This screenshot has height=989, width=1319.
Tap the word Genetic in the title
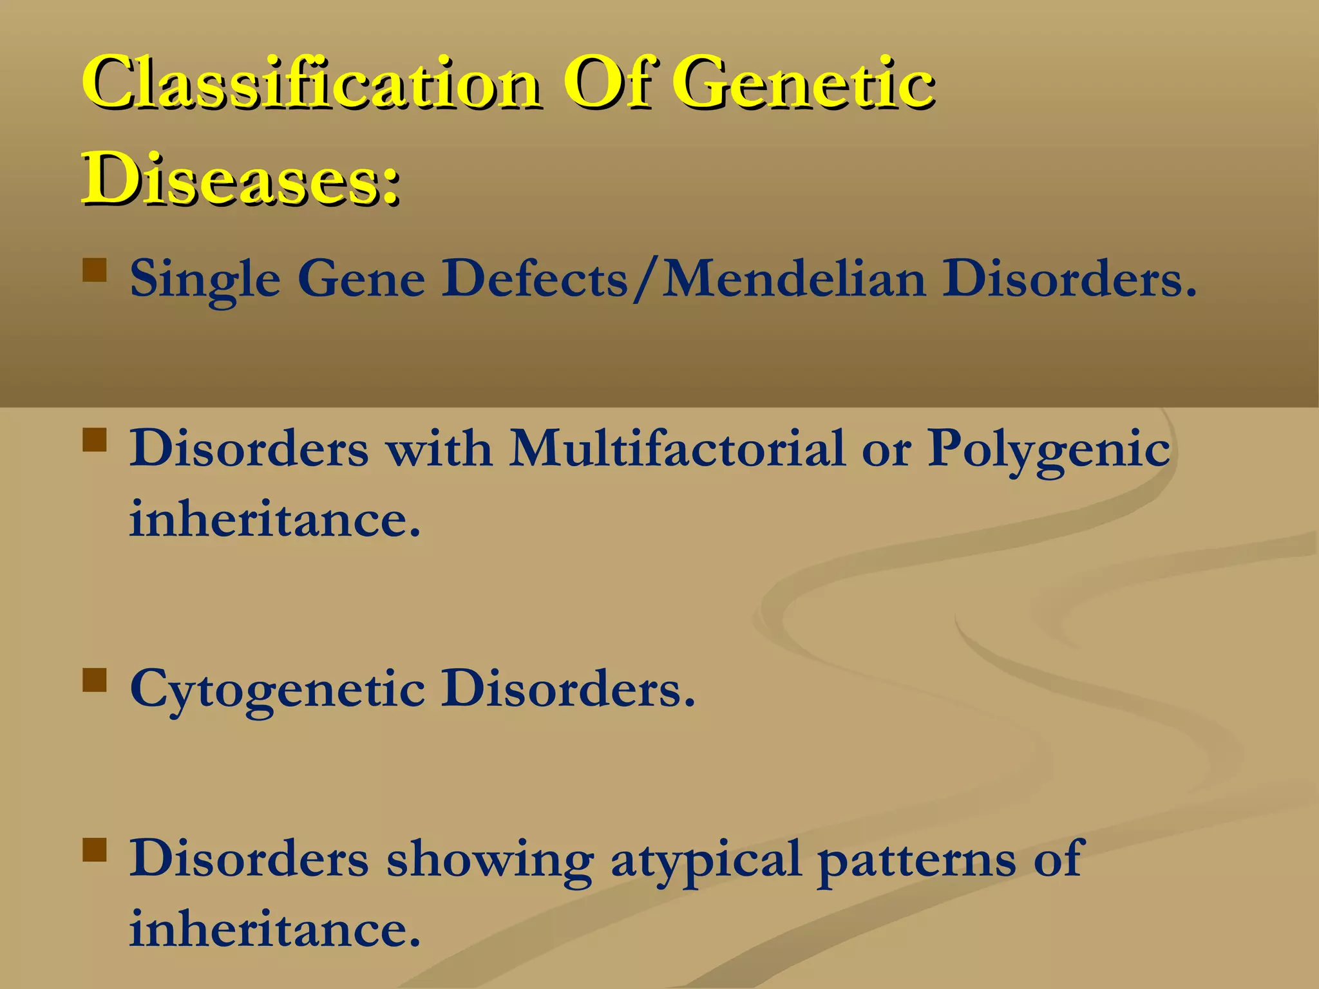802,84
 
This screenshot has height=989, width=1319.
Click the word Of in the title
609,84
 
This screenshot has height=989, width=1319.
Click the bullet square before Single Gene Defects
95,271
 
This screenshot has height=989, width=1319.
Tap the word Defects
534,279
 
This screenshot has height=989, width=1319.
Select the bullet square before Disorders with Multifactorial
95,440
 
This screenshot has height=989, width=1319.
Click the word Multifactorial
677,448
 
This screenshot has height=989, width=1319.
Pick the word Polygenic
1049,449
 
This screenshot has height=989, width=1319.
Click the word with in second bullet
439,448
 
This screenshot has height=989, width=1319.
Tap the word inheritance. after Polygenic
275,519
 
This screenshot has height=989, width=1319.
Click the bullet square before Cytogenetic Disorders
95,680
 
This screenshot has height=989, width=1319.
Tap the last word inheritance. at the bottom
275,930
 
